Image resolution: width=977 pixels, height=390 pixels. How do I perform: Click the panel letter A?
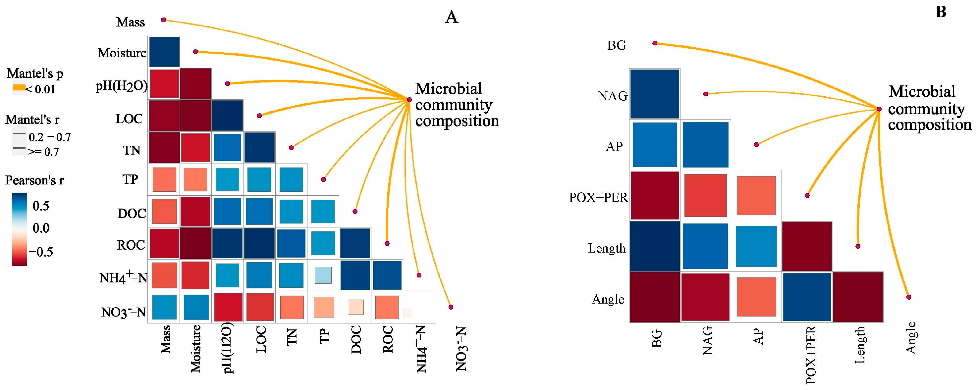tap(451, 17)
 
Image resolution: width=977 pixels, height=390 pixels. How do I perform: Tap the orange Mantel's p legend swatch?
tap(19, 88)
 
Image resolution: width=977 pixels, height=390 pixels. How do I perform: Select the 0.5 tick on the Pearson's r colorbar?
tap(40, 206)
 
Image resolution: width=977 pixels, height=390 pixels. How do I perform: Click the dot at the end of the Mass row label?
tap(163, 20)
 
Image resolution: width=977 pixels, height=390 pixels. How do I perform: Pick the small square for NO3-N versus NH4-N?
tap(407, 313)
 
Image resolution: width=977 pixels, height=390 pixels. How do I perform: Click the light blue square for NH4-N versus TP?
tap(323, 275)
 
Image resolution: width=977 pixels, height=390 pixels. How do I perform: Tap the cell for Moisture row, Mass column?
tap(164, 52)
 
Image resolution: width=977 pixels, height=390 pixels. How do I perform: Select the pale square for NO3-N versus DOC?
tap(356, 307)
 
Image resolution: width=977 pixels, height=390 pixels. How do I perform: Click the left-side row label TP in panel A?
tap(130, 179)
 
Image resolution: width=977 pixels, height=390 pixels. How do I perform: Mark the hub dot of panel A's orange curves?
tap(409, 100)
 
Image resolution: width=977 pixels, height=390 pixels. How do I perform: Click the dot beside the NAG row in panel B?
tap(705, 94)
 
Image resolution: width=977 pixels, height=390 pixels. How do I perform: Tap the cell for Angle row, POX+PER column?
tap(807, 297)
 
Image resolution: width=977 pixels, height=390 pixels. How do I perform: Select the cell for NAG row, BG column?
tap(655, 94)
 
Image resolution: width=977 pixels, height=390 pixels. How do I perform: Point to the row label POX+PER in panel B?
tap(598, 197)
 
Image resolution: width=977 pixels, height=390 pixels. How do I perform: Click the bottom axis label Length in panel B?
tap(859, 345)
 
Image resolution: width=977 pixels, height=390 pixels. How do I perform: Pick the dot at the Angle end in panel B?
tap(909, 297)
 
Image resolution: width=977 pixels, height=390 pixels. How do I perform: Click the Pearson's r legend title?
tap(34, 180)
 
